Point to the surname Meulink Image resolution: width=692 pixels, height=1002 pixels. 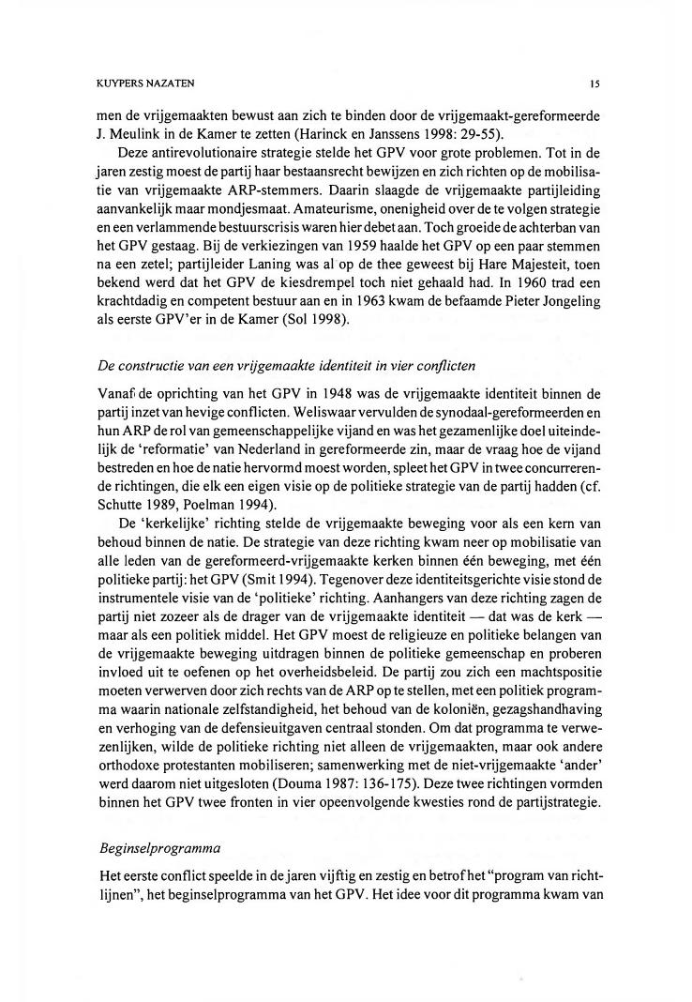137,133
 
